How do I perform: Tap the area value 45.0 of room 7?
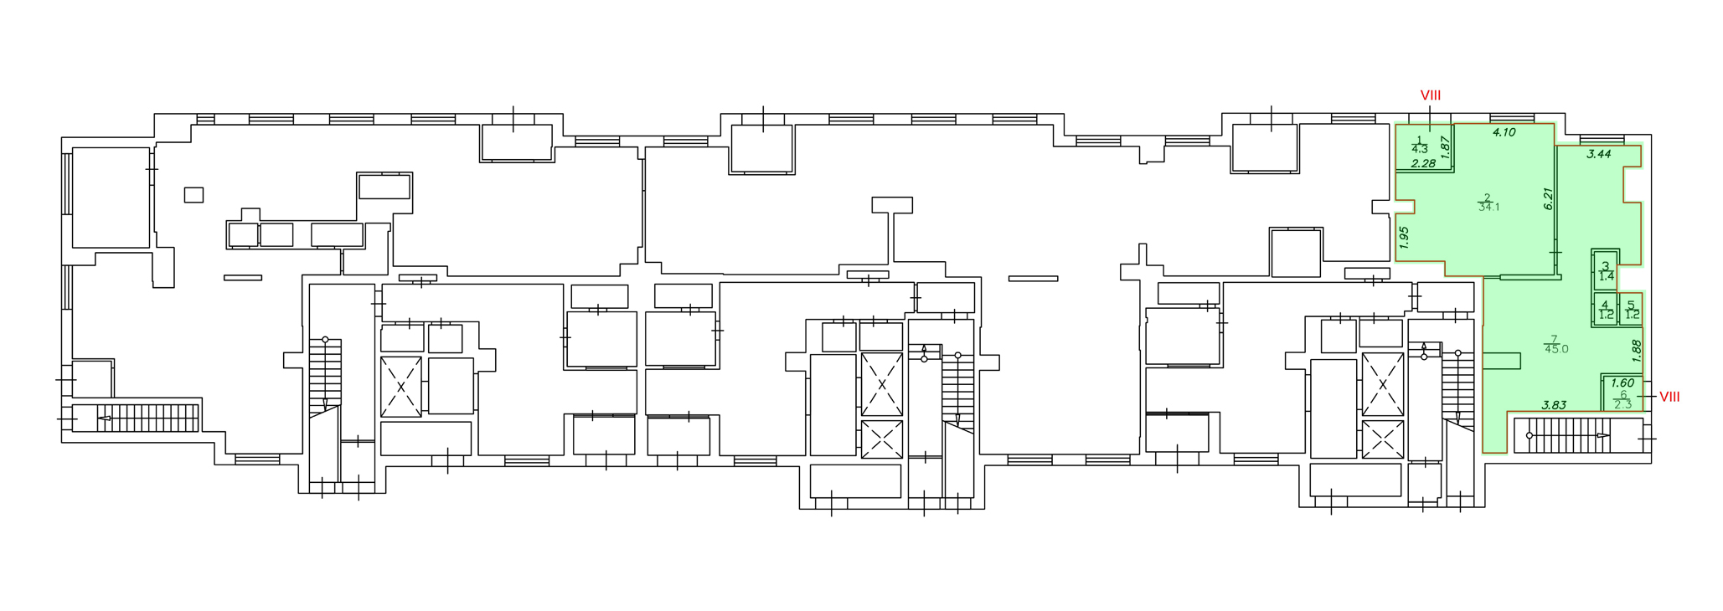(x=1556, y=349)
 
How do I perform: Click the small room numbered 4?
(x=1606, y=311)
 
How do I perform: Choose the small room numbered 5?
(x=1632, y=311)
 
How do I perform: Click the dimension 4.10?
(x=1504, y=132)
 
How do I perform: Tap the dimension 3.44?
(x=1599, y=154)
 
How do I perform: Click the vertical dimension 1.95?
(x=1405, y=238)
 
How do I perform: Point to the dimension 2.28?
(x=1423, y=164)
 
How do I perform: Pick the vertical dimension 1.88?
(x=1637, y=350)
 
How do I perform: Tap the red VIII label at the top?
(x=1430, y=96)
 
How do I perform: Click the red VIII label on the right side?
(x=1669, y=397)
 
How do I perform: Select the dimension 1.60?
(x=1622, y=383)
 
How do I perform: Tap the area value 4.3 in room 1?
(x=1419, y=150)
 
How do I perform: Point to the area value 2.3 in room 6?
(x=1622, y=405)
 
